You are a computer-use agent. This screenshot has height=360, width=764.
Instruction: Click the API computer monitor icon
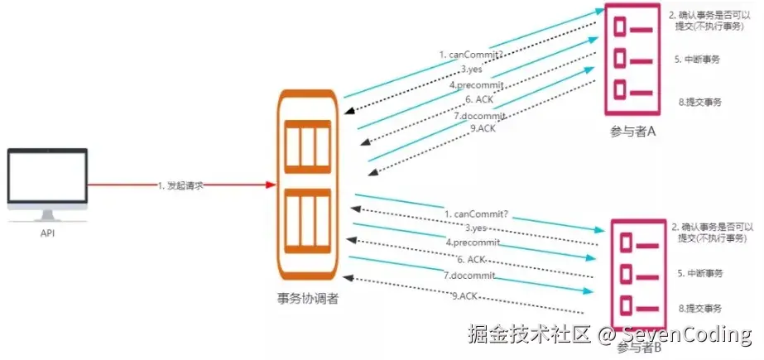(x=48, y=181)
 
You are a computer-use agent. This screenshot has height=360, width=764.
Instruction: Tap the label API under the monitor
(x=48, y=234)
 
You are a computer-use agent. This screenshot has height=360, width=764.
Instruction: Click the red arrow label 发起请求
(x=180, y=185)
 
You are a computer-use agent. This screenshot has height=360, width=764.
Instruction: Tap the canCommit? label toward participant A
(x=470, y=55)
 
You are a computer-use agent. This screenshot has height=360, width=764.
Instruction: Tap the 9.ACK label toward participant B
(x=464, y=295)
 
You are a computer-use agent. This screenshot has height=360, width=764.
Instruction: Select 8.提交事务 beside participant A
(x=700, y=102)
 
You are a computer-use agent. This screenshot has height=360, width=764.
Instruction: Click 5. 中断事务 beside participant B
(x=700, y=273)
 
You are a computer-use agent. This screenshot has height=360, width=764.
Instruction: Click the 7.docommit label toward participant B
(x=469, y=275)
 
